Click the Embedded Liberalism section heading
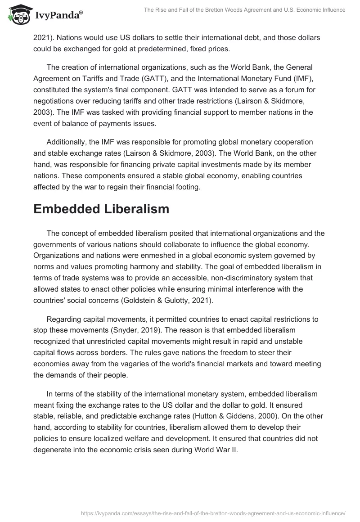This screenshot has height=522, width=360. tap(101, 209)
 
